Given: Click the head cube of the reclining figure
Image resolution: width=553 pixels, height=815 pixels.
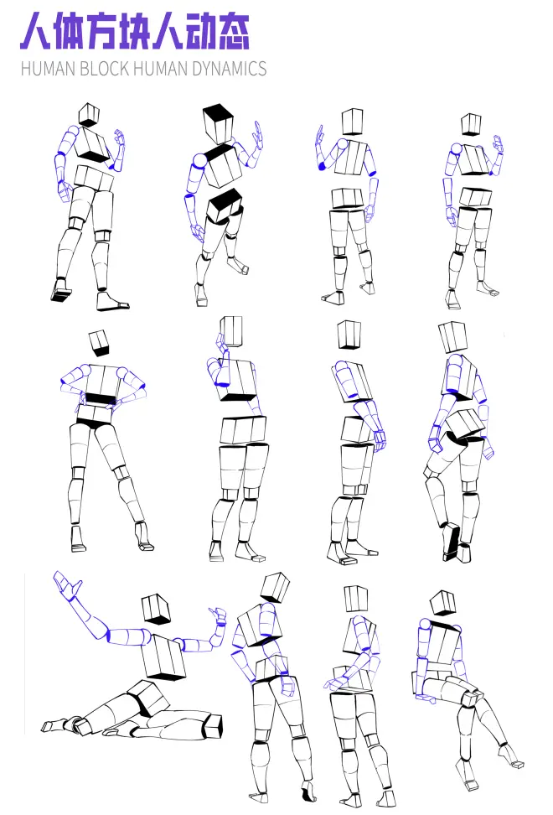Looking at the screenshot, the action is tap(156, 609).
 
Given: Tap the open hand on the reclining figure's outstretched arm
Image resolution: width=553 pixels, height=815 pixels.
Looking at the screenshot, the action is tap(68, 585).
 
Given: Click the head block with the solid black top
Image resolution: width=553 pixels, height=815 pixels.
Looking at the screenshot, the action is tap(218, 124).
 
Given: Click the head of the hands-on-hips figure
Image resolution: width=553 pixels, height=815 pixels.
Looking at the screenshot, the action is tap(99, 343).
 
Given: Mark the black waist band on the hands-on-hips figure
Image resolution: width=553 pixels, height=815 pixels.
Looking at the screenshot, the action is tap(101, 399).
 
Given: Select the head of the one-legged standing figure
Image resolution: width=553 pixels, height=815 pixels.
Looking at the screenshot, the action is tap(452, 337).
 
